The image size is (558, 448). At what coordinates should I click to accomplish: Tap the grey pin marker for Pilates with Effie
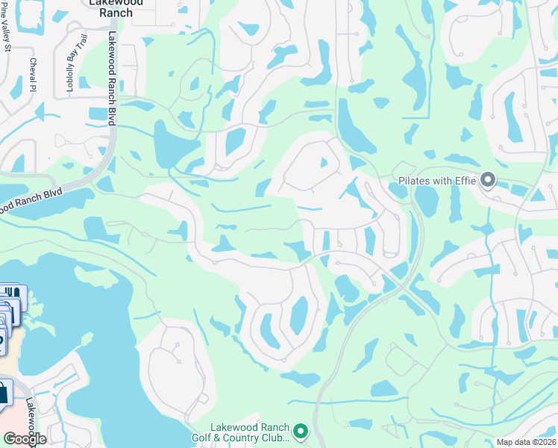coord(489,180)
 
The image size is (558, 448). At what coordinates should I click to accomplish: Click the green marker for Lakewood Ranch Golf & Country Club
coord(301,431)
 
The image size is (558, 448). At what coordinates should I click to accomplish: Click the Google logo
coord(25,439)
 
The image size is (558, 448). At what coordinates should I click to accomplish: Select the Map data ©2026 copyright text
coord(526,442)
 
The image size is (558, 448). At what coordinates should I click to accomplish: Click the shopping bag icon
coord(4,391)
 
